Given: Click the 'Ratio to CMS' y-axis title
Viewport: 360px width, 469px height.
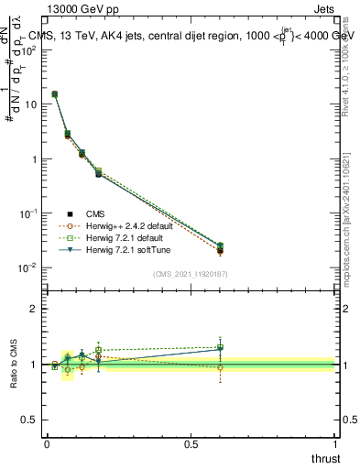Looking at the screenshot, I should click(13, 365).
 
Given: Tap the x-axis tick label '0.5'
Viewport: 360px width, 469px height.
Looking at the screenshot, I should click(191, 443).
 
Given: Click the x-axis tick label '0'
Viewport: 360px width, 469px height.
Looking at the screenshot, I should click(47, 443).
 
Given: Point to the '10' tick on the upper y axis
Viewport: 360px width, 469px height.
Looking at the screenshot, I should click(30, 104).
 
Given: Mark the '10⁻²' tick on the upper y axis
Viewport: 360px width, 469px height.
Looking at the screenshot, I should click(28, 267).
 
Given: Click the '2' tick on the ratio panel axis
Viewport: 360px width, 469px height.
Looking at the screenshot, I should click(35, 309).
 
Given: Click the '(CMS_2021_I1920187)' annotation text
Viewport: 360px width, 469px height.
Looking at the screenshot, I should click(191, 274).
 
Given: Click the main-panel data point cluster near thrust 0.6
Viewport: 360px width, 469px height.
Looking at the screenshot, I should click(220, 247).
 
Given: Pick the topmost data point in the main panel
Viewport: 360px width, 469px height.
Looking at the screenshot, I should click(55, 93).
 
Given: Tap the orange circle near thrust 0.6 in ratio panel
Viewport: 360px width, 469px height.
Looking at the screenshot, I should click(220, 367).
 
